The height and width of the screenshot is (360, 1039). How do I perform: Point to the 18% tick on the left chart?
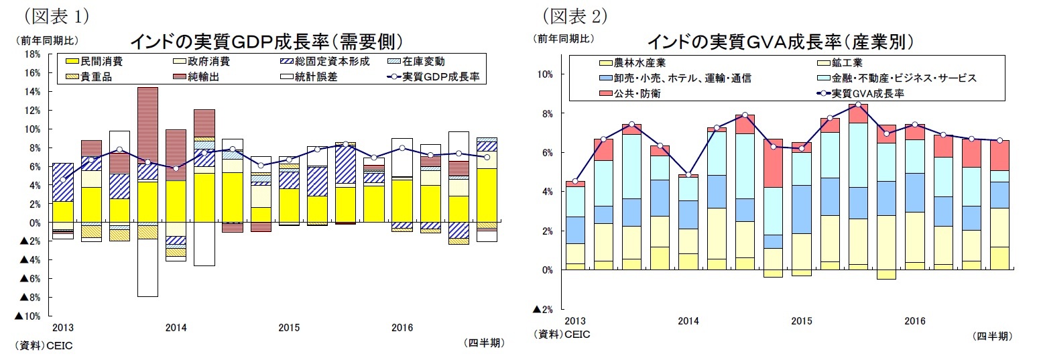point(31,54)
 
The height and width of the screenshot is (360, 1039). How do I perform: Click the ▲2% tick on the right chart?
point(542,309)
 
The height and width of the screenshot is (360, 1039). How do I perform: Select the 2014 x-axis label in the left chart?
point(176,328)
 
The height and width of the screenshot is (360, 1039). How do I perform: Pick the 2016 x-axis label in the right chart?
point(915,321)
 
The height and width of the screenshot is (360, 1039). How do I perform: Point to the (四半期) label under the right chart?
point(991,336)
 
